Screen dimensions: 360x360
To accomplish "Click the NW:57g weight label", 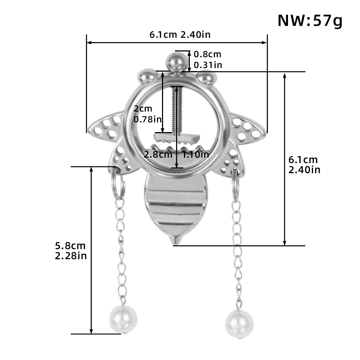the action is (x=310, y=21).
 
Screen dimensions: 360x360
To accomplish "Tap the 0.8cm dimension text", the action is (x=207, y=54).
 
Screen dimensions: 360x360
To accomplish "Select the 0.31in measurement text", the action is (x=208, y=65).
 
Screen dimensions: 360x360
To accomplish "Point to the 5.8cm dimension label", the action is (x=70, y=246).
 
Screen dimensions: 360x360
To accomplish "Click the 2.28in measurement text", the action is (x=71, y=256).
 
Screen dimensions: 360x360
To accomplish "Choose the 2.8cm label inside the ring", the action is (x=158, y=154).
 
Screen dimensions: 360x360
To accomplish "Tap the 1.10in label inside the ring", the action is (x=195, y=154).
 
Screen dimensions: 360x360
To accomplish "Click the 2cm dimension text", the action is (x=143, y=109).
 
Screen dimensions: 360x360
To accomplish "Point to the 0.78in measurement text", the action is (x=148, y=120).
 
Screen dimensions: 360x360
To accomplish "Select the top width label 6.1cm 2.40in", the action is (x=180, y=35).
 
